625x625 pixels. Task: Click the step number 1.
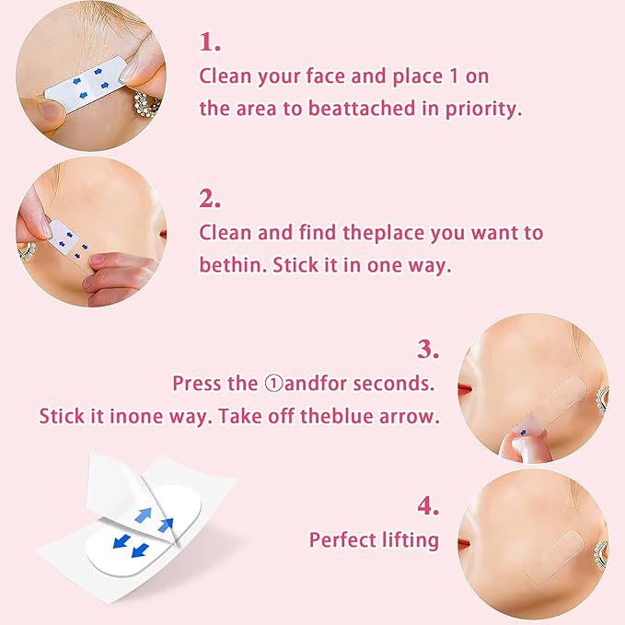pyautogui.click(x=210, y=41)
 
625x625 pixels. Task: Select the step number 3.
pyautogui.click(x=428, y=349)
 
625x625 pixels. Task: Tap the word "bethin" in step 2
pyautogui.click(x=226, y=264)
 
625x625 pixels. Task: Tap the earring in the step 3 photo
pyautogui.click(x=604, y=398)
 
